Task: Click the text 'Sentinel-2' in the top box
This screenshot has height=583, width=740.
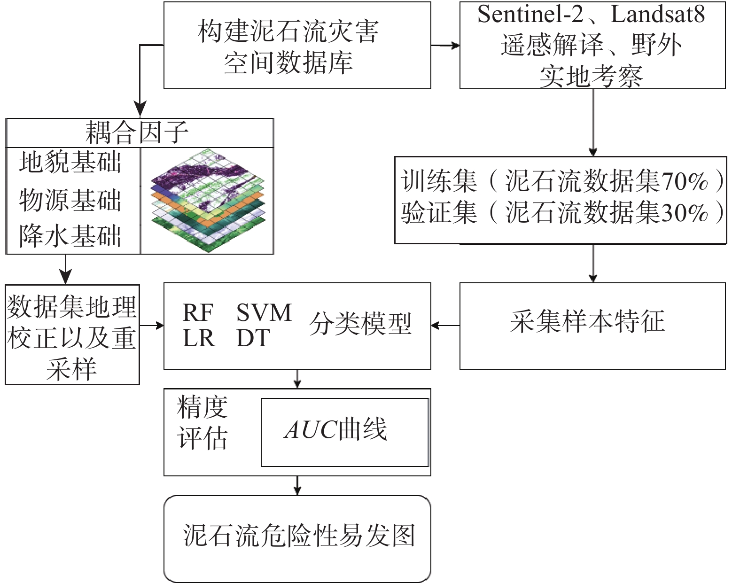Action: coord(530,15)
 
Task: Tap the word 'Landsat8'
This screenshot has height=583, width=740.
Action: coord(658,15)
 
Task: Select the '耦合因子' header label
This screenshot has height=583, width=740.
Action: coord(137,132)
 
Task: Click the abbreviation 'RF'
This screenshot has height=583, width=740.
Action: coord(197,312)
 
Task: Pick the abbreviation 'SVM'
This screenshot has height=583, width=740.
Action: coord(264,312)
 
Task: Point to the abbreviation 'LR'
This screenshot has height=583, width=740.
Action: coord(198,338)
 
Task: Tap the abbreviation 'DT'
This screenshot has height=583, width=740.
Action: coord(253,338)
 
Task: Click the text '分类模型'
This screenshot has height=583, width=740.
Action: coord(360,324)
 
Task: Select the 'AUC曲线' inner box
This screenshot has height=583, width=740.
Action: coord(344,432)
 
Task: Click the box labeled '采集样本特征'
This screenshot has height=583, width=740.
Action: coord(592,325)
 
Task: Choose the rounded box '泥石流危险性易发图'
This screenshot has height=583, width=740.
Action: coord(297,538)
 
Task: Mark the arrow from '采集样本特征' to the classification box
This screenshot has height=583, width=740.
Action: coord(445,326)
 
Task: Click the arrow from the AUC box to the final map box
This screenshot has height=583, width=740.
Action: coord(297,486)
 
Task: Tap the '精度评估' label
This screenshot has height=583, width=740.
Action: coord(202,423)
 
